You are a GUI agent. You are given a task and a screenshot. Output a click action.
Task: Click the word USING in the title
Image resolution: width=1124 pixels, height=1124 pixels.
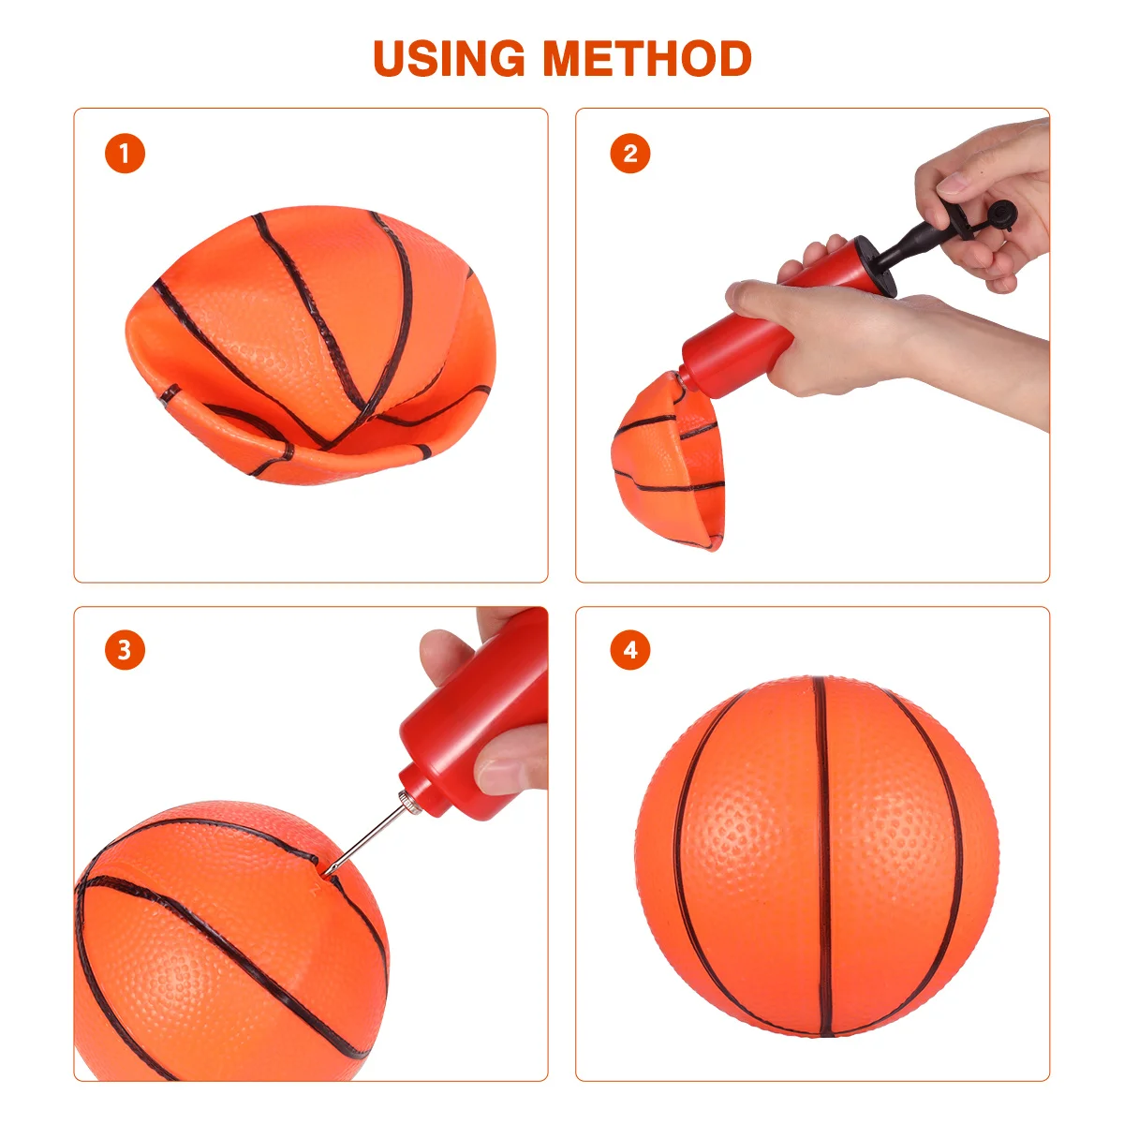(449, 58)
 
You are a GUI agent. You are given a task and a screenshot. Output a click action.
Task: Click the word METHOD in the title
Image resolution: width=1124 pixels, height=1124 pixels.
(647, 58)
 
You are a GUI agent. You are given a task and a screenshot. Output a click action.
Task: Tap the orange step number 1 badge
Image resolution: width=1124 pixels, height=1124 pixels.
(125, 154)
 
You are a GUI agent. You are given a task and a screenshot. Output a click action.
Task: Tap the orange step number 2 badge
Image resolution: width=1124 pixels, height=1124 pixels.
(629, 154)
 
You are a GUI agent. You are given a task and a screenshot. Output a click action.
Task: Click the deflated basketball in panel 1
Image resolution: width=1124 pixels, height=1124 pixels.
(309, 347)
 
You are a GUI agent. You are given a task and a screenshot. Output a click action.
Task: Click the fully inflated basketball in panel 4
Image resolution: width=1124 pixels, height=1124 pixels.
(815, 857)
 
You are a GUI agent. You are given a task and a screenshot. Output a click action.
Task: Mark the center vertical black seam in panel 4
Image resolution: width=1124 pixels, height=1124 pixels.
(822, 857)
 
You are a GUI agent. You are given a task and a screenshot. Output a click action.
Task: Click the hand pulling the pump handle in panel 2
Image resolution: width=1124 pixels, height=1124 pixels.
(993, 197)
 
